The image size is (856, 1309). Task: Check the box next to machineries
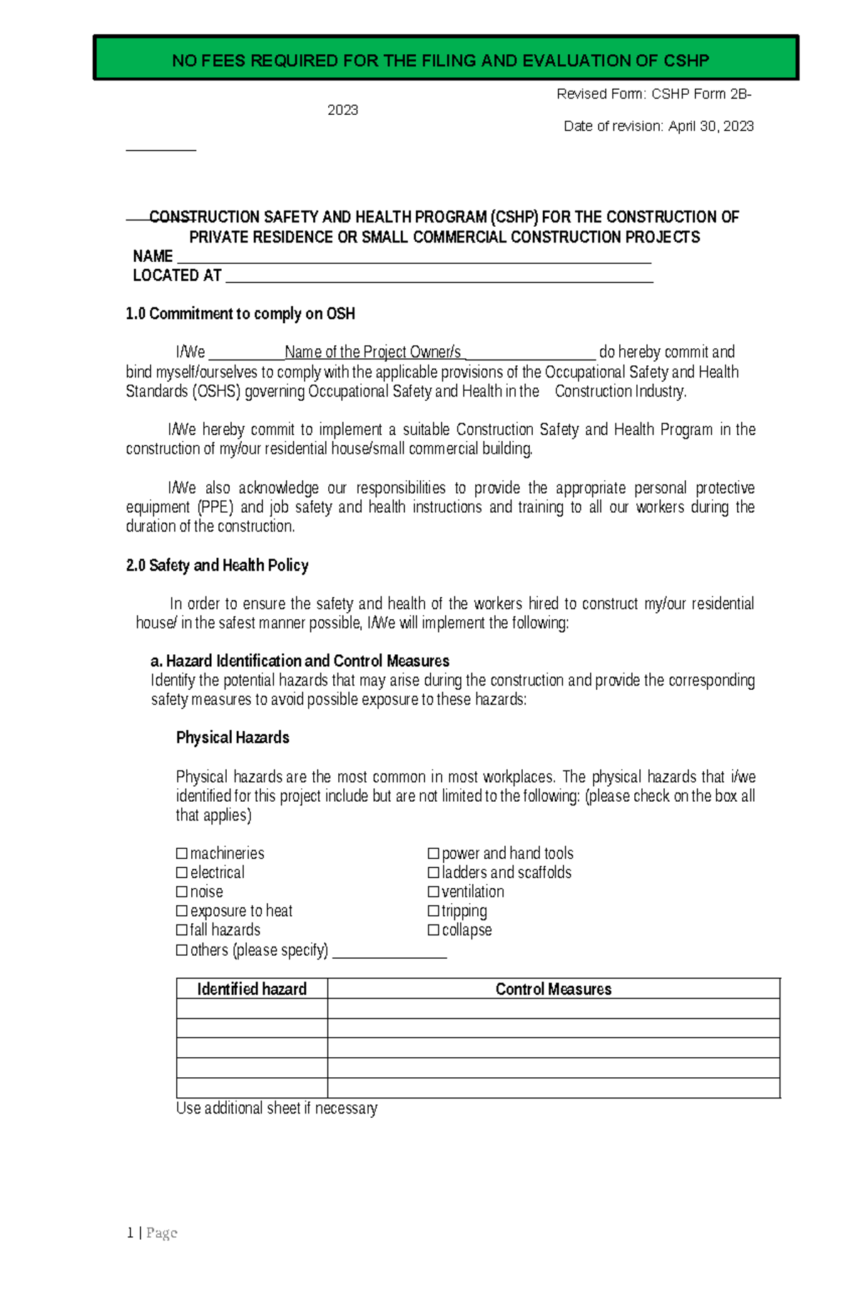[182, 853]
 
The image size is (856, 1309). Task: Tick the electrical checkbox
[182, 872]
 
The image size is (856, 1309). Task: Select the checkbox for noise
[182, 892]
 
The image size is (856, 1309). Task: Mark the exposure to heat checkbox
[182, 911]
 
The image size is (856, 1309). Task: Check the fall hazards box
[182, 930]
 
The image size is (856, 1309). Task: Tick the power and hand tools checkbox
[433, 853]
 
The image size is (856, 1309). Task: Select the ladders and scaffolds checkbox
[433, 872]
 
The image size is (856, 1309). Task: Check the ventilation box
[433, 892]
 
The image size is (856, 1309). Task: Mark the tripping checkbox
[433, 911]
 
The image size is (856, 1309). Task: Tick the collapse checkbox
[433, 930]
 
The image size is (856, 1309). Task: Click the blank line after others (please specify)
[389, 953]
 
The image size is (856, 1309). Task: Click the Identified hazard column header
[252, 989]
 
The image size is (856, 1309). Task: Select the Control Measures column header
[554, 989]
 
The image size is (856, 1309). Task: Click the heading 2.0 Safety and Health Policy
[217, 566]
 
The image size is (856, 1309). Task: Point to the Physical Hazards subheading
[233, 738]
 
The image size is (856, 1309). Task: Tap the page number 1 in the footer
[130, 1233]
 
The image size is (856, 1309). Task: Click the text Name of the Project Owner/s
[372, 352]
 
